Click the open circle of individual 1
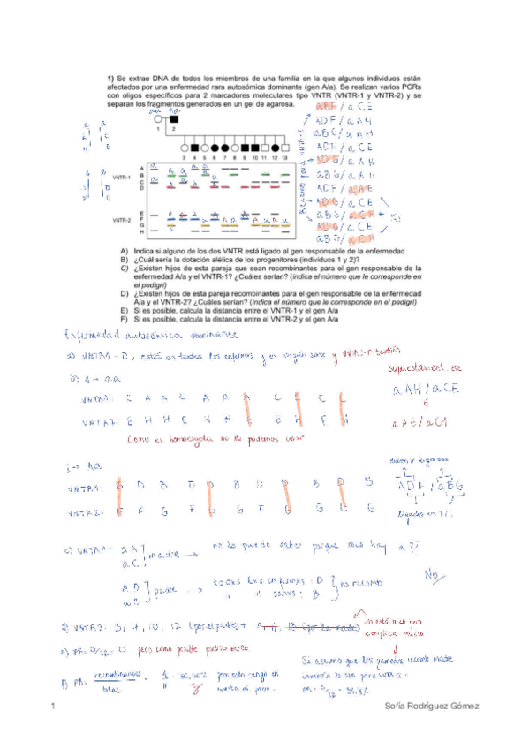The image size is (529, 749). (159, 118)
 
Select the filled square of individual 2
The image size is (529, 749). (174, 118)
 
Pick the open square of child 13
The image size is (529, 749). (284, 147)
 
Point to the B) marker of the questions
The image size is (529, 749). (125, 260)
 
